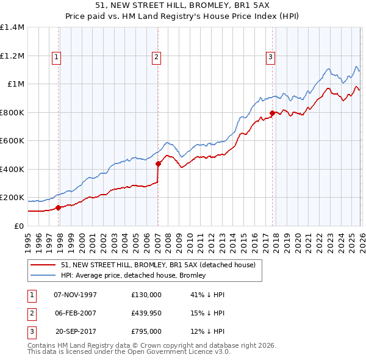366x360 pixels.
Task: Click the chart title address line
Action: pyautogui.click(x=183, y=4)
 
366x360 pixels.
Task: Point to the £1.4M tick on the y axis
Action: pyautogui.click(x=12, y=27)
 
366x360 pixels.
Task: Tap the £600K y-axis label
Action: pyautogui.click(x=12, y=141)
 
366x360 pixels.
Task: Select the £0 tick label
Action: pyautogui.click(x=19, y=226)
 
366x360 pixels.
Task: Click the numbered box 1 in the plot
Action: pyautogui.click(x=56, y=57)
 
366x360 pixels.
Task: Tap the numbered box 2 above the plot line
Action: pyautogui.click(x=156, y=57)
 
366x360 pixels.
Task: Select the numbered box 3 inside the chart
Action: pyautogui.click(x=270, y=57)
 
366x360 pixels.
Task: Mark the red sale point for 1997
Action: pyautogui.click(x=59, y=207)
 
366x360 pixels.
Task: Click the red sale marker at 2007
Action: pyautogui.click(x=158, y=164)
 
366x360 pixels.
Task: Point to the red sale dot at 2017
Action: pyautogui.click(x=272, y=113)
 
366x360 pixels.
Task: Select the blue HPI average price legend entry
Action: pyautogui.click(x=133, y=275)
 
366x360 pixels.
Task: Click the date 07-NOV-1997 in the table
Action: pyautogui.click(x=76, y=294)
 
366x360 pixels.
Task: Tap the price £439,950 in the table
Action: pyautogui.click(x=146, y=313)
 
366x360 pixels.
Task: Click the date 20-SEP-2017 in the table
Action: pyautogui.click(x=76, y=331)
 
